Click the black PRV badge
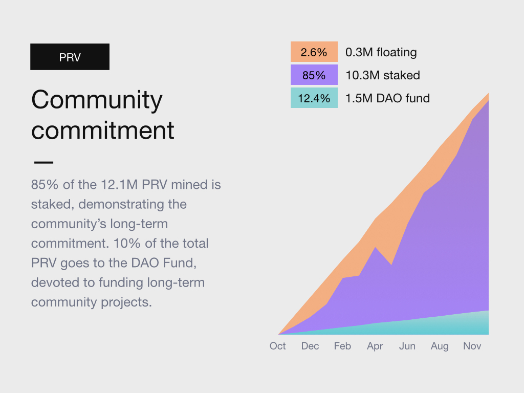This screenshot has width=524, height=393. point(70,57)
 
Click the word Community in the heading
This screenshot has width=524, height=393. point(97,100)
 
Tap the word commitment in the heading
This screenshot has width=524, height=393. point(103,130)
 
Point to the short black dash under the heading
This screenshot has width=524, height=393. point(43,162)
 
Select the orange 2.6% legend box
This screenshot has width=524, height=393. point(314,52)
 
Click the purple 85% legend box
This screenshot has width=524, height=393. point(314,75)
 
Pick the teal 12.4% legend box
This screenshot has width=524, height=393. point(314,98)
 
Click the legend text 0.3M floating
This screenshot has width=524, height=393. point(381,52)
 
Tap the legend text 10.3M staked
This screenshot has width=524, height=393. point(382,75)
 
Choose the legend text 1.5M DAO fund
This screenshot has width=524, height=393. point(387,98)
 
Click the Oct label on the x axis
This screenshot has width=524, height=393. point(278,346)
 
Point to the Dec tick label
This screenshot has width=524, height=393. point(310,346)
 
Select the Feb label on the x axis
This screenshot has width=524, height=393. point(342,346)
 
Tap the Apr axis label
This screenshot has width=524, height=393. point(375,346)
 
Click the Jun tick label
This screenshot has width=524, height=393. point(407,346)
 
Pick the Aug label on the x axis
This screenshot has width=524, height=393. point(440,346)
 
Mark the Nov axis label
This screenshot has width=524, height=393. point(472,346)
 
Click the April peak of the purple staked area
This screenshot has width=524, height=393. point(376,248)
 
